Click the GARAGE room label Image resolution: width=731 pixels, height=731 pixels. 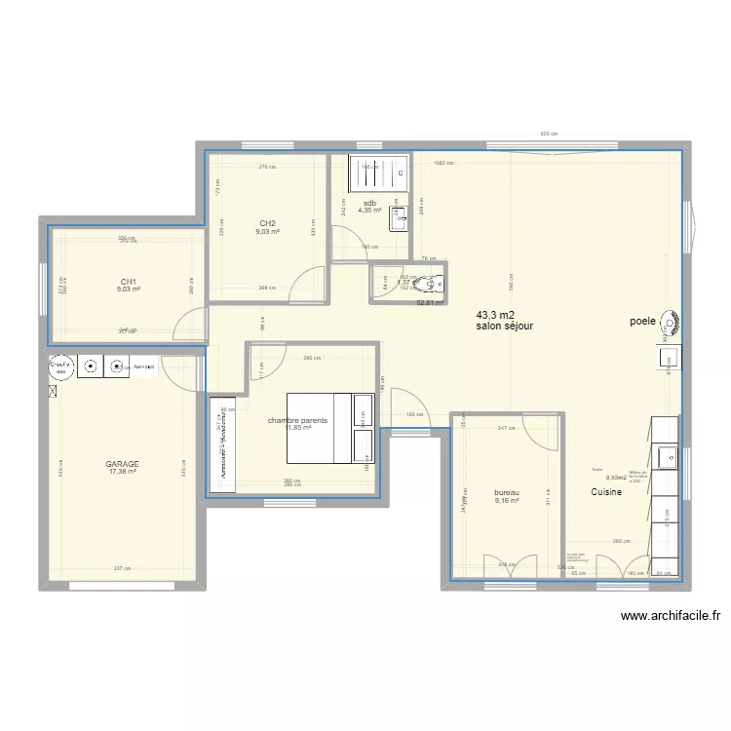tap(123, 464)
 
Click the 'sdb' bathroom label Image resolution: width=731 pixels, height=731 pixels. tap(370, 203)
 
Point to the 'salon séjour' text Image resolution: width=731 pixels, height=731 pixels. tap(504, 327)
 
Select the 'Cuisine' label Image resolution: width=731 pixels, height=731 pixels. tap(606, 492)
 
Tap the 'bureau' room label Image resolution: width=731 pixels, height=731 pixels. tap(507, 493)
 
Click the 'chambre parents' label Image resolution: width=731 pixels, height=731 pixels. tap(297, 421)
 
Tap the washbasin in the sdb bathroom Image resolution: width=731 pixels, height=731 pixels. tap(399, 219)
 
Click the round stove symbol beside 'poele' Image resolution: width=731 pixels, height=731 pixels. tap(672, 322)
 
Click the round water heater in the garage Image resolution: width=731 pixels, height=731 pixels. tap(60, 367)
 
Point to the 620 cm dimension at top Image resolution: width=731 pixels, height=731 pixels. tap(548, 135)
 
